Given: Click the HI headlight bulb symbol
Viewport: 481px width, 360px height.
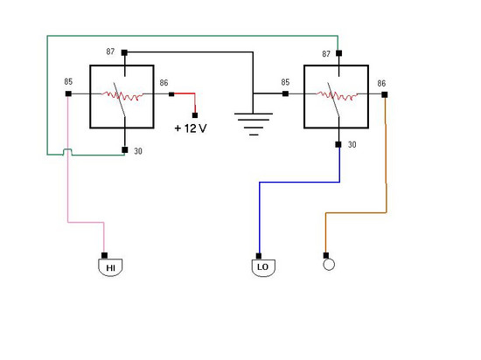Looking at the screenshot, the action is (x=110, y=267).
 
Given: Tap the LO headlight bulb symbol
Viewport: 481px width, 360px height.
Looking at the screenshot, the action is (x=263, y=267).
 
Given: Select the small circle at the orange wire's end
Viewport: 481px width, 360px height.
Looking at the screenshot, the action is (x=329, y=265).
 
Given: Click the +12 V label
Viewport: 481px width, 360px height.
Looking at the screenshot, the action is (x=191, y=128).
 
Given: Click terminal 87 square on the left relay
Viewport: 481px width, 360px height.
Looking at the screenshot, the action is (x=124, y=52).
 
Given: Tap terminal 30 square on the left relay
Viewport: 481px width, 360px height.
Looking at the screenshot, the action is (x=124, y=149).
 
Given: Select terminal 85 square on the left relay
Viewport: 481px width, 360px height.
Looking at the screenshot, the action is (x=68, y=93).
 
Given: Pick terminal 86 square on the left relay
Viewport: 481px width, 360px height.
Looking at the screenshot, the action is (x=171, y=94).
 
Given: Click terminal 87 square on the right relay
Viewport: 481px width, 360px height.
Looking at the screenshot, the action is (x=338, y=53).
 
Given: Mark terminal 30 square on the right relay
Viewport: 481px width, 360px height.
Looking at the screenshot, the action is (x=338, y=144).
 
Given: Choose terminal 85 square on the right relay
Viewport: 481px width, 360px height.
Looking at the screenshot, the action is (x=285, y=93).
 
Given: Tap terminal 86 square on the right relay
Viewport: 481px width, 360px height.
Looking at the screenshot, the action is (x=385, y=94).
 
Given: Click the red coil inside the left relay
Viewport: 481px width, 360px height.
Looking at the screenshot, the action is (x=122, y=95).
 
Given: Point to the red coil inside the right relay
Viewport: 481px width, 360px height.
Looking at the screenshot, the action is (x=337, y=95).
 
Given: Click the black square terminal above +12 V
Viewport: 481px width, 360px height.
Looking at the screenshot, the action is (x=195, y=115).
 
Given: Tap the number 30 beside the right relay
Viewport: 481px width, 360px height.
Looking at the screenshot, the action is (x=352, y=145).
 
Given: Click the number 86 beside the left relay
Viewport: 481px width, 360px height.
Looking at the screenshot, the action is (x=164, y=83).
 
